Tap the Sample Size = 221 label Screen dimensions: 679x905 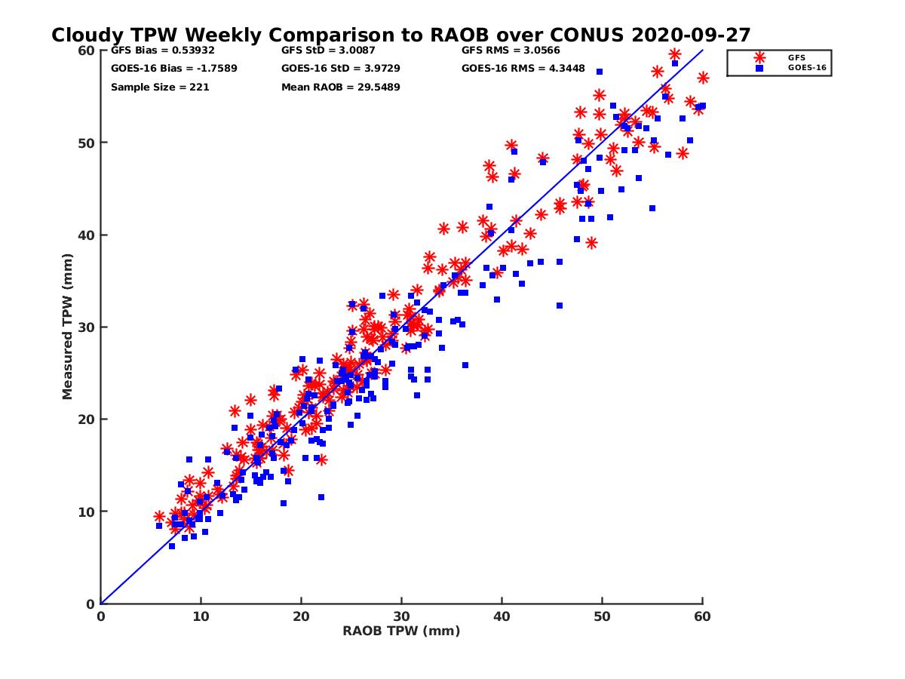pyautogui.click(x=160, y=87)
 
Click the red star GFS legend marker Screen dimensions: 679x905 pyautogui.click(x=759, y=57)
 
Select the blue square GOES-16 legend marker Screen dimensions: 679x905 pyautogui.click(x=759, y=68)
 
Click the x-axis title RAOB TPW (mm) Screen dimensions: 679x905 pyautogui.click(x=401, y=631)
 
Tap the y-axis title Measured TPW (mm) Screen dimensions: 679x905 pyautogui.click(x=68, y=326)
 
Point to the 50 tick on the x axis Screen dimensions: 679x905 pyautogui.click(x=603, y=616)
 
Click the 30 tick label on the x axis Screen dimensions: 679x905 pyautogui.click(x=402, y=616)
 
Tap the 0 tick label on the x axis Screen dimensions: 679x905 pyautogui.click(x=100, y=616)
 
